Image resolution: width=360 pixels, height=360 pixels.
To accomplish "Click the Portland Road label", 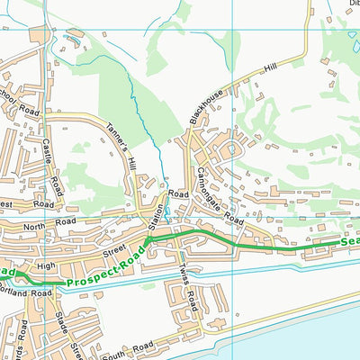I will pos(27,292).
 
